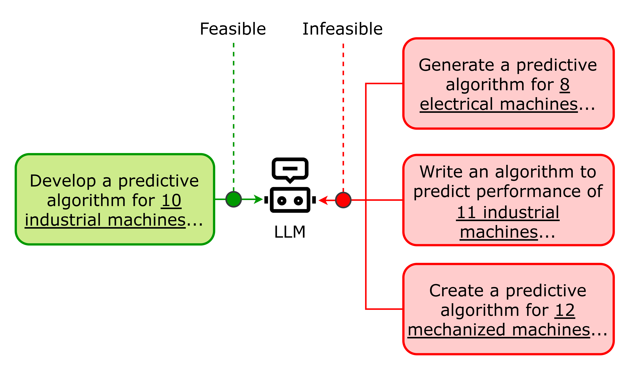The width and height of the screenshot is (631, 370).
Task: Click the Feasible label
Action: (x=233, y=29)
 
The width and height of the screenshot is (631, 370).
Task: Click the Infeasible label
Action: (x=343, y=29)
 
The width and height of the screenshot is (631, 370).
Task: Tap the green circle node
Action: (x=234, y=199)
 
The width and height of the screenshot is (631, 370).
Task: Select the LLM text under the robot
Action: (x=290, y=232)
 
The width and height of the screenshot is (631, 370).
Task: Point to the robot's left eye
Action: (x=282, y=201)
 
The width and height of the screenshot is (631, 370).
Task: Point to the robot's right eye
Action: (x=299, y=201)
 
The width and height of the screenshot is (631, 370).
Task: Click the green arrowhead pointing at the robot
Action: (x=258, y=199)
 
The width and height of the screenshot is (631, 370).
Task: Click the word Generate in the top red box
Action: (x=456, y=65)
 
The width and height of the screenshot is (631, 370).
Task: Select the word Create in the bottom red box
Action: (x=456, y=291)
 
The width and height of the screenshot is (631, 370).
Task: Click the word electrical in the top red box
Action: (x=456, y=104)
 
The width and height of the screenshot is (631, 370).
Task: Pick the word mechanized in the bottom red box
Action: (x=456, y=330)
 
